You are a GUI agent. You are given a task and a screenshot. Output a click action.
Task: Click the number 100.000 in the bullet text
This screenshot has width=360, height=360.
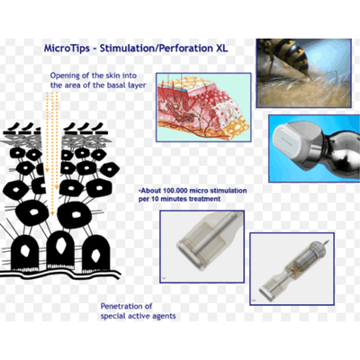[177, 192]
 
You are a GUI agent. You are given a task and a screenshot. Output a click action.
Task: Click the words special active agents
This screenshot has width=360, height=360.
[140, 317]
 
